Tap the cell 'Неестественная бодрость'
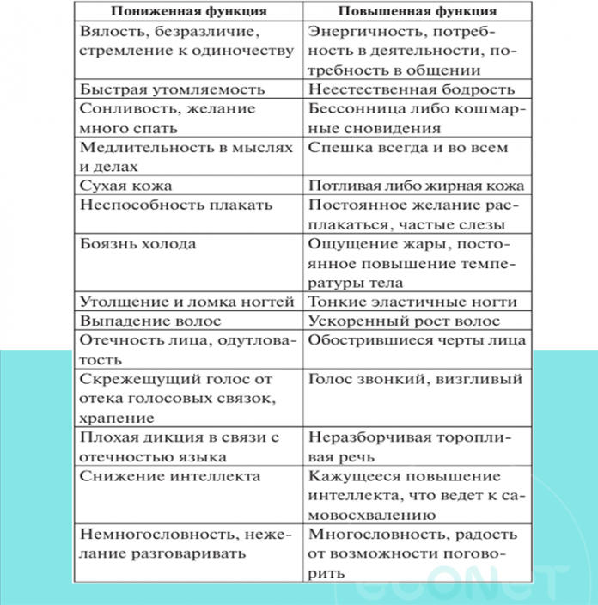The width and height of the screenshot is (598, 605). tap(412, 89)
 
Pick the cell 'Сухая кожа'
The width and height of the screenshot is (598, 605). tap(126, 185)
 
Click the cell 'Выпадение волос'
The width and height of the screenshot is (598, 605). tap(151, 321)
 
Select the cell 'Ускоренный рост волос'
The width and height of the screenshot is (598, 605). tap(403, 321)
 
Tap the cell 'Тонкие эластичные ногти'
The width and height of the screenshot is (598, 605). tap(412, 302)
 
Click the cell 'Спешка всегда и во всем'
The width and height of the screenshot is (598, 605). tap(408, 147)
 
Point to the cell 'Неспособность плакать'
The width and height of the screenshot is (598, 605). tap(175, 205)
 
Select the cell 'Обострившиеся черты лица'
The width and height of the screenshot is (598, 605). tap(417, 339)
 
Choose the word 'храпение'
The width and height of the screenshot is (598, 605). tap(117, 418)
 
